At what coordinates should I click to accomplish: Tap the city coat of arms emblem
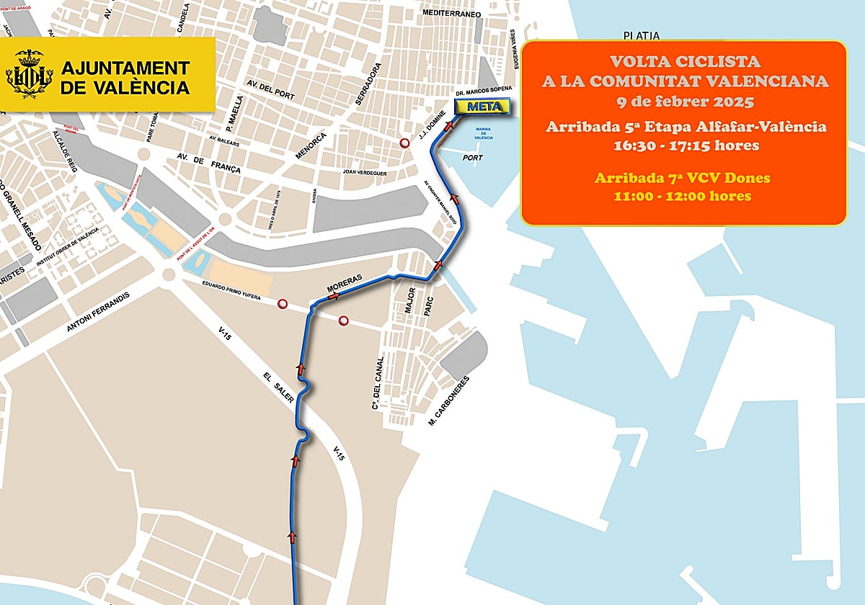pyautogui.click(x=30, y=74)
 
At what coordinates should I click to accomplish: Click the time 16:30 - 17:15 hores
pyautogui.click(x=683, y=145)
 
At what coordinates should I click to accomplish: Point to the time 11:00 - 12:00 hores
pyautogui.click(x=683, y=196)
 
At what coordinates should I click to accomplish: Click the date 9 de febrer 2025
pyautogui.click(x=683, y=100)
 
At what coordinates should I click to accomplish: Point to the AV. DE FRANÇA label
pyautogui.click(x=208, y=163)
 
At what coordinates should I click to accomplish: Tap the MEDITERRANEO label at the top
pyautogui.click(x=452, y=14)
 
